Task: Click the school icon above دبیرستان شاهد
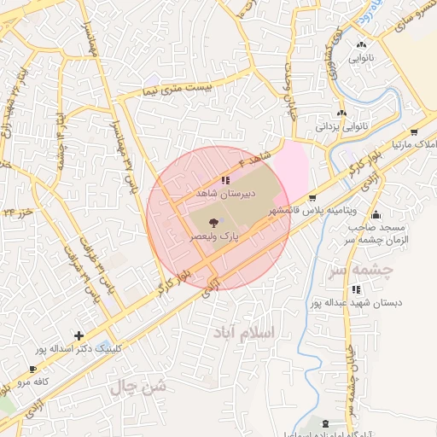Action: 224,180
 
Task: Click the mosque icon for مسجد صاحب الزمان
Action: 376,214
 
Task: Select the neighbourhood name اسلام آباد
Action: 272,332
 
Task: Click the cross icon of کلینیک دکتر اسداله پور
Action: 79,335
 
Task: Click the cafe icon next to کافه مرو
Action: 32,370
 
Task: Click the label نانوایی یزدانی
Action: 341,126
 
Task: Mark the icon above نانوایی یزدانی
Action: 342,113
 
